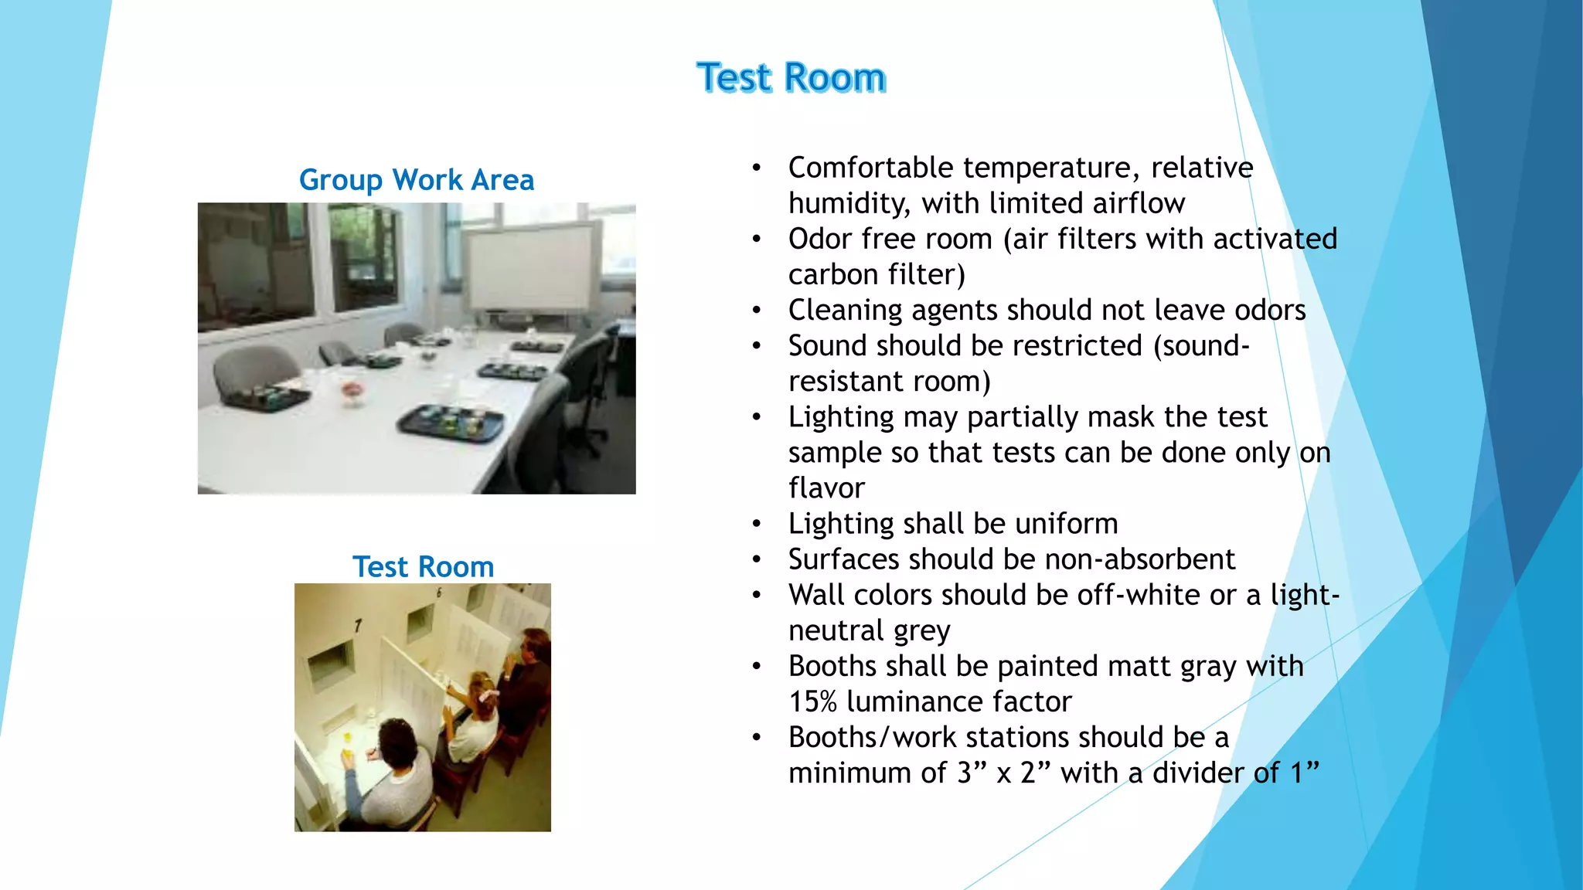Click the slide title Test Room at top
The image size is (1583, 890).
pyautogui.click(x=791, y=78)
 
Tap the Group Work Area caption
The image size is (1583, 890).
pyautogui.click(x=417, y=180)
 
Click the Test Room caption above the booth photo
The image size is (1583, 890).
pyautogui.click(x=423, y=567)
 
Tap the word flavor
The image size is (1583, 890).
pyautogui.click(x=826, y=488)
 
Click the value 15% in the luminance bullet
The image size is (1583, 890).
pyautogui.click(x=812, y=701)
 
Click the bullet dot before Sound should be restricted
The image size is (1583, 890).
pyautogui.click(x=757, y=345)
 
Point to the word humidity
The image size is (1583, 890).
pyautogui.click(x=849, y=204)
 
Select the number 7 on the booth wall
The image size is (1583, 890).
pyautogui.click(x=358, y=624)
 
